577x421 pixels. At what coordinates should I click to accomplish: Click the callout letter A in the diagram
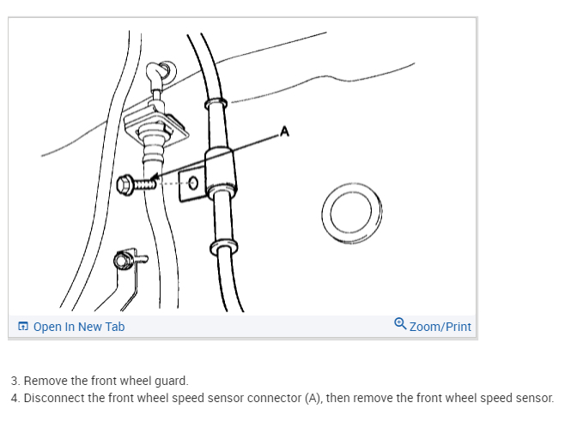(x=285, y=132)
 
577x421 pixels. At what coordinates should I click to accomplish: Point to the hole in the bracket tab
(x=192, y=183)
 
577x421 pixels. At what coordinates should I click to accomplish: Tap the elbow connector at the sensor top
(x=157, y=75)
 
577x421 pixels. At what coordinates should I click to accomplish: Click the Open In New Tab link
(x=79, y=327)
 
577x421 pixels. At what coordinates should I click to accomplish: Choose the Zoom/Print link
(x=440, y=327)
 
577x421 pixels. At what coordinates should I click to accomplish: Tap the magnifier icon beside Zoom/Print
(x=400, y=324)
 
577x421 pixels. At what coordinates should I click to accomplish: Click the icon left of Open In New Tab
(x=23, y=327)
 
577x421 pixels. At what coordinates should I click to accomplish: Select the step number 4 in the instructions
(x=15, y=398)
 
